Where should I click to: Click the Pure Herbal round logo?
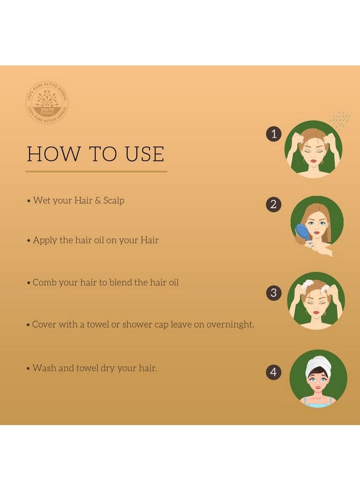[x=46, y=102]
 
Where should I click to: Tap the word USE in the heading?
[x=142, y=154]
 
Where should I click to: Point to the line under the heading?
[x=96, y=171]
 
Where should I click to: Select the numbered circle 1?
[x=274, y=134]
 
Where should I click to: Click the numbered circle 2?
[x=274, y=205]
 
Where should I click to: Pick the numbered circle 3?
[x=274, y=292]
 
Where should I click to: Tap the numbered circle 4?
[x=274, y=373]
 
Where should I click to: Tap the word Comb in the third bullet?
[x=44, y=283]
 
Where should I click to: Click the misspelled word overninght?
[x=230, y=325]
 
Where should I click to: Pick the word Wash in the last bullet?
[x=44, y=368]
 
